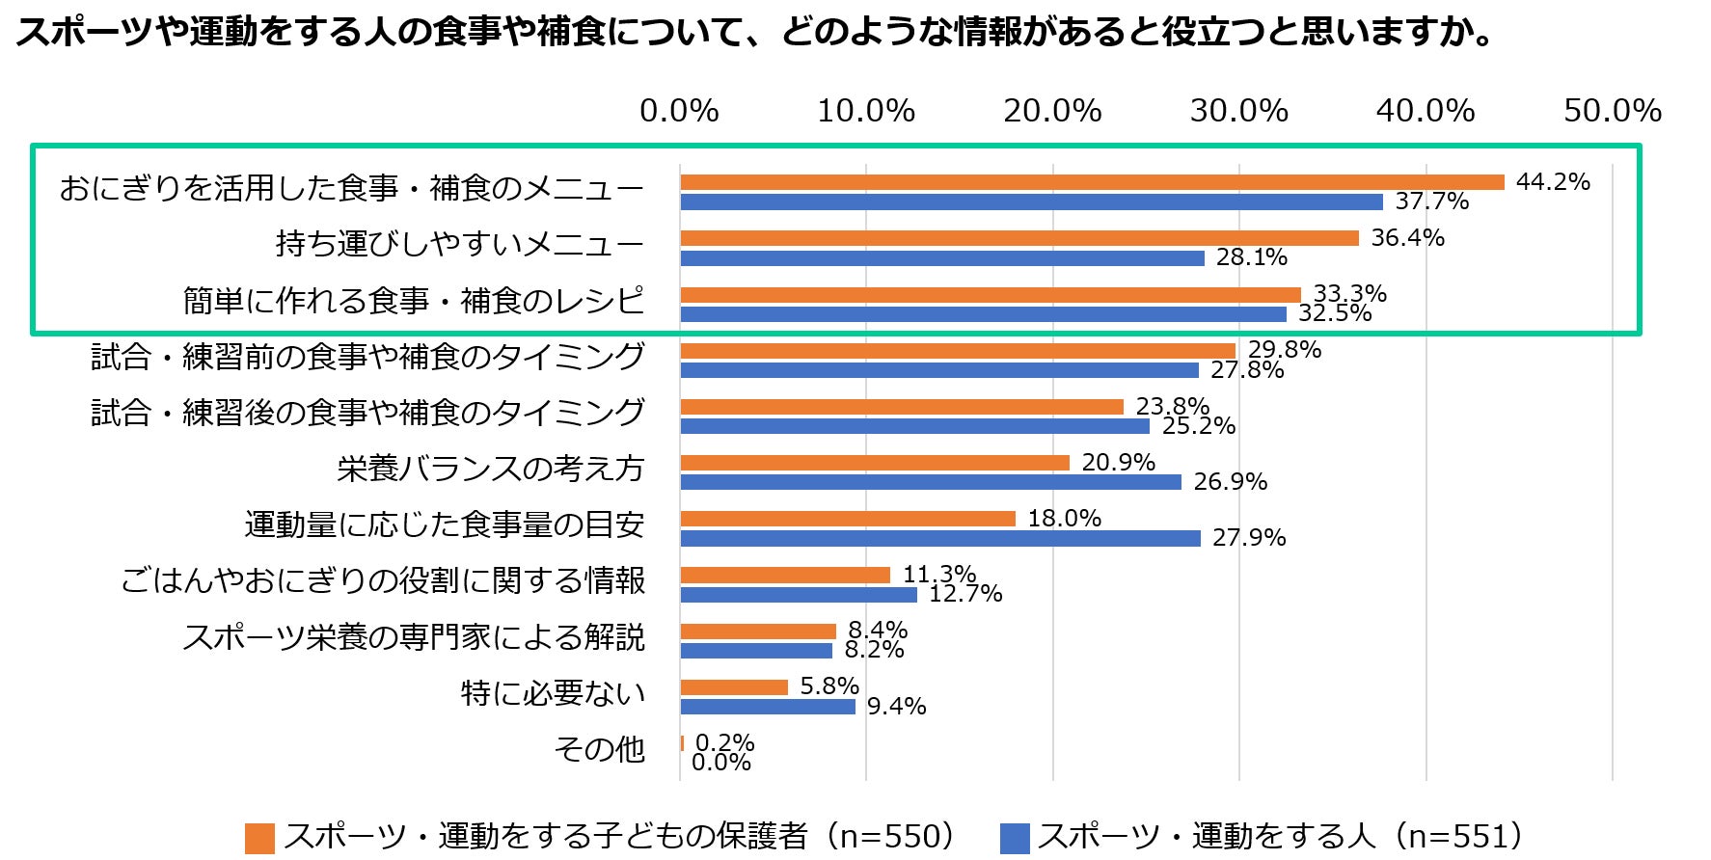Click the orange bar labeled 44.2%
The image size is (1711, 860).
(x=1092, y=182)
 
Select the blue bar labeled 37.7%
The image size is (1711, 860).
(x=1031, y=202)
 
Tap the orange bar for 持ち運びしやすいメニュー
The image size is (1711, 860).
(x=1019, y=238)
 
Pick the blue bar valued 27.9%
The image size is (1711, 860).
(x=940, y=538)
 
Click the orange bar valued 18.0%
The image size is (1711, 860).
(x=848, y=519)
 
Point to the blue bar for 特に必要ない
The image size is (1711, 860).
(x=768, y=707)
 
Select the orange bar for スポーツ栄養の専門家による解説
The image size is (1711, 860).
(x=758, y=632)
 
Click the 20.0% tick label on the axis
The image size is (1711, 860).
(x=1052, y=111)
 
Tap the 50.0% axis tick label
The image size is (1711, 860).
(x=1613, y=111)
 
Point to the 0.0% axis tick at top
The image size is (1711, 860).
(x=679, y=111)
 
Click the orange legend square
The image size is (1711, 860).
(x=259, y=838)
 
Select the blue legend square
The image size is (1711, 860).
(x=1015, y=838)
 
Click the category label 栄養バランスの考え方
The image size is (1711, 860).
(x=491, y=469)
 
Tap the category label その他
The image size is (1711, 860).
(x=599, y=749)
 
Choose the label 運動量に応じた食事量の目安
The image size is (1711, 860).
(x=445, y=524)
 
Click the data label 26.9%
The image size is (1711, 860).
(x=1230, y=481)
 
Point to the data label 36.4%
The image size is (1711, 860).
(x=1407, y=237)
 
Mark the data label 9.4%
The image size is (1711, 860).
(x=896, y=706)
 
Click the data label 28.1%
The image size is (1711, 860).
(x=1251, y=256)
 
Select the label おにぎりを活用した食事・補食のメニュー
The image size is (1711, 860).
(x=352, y=188)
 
